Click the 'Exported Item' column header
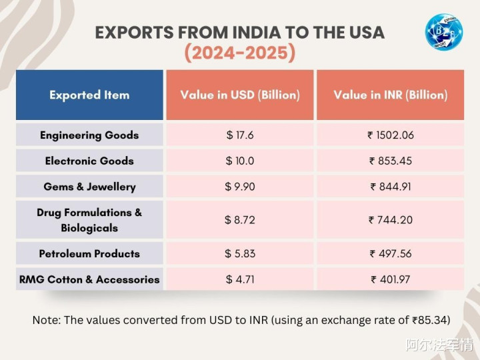[89, 95]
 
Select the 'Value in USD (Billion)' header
[240, 95]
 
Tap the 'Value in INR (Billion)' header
[391, 95]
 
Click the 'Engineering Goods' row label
[89, 135]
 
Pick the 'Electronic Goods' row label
[89, 161]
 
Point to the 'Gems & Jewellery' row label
[89, 187]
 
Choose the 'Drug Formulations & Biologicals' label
[89, 220]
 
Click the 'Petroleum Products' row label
[89, 253]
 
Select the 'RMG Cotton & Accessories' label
[89, 279]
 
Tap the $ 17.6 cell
[240, 135]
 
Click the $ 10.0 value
[240, 161]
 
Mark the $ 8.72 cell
[240, 220]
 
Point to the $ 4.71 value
[240, 279]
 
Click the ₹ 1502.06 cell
[391, 135]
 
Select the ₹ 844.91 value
[391, 187]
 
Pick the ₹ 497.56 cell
[391, 253]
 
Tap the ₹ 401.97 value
[391, 279]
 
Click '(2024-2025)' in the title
[240, 52]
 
